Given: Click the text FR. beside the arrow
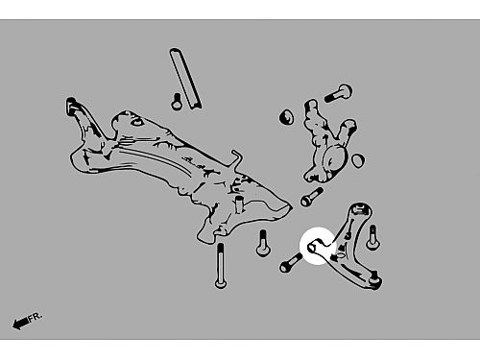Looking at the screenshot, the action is [x=35, y=317].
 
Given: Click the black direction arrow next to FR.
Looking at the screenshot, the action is [x=20, y=324].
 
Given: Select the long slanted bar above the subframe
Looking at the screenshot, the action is [x=185, y=78].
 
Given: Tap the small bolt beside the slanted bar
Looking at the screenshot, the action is [x=177, y=102].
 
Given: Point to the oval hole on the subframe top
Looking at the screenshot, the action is [x=137, y=122].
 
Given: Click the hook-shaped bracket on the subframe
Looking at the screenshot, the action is [x=237, y=157].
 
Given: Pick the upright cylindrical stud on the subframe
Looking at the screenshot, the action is [x=240, y=204].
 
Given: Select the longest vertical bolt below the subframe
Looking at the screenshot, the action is [x=221, y=265].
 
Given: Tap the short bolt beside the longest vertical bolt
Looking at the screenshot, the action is [x=263, y=243].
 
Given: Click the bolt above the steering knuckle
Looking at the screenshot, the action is [x=338, y=93].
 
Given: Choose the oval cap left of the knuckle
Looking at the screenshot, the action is [x=287, y=117].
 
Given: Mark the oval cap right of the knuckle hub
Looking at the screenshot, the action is [x=358, y=159].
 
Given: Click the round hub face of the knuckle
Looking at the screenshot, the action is [x=333, y=159].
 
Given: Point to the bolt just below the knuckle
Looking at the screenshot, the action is [x=312, y=197].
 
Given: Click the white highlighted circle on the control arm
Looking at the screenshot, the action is [x=319, y=246].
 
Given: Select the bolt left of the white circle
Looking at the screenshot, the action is [x=290, y=263].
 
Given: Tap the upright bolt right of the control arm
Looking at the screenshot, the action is [x=372, y=237].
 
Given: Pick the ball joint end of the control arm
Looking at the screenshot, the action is [x=374, y=281].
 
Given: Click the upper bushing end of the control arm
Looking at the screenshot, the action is [x=361, y=210].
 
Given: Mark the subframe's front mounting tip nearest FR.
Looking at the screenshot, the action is [x=72, y=105].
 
